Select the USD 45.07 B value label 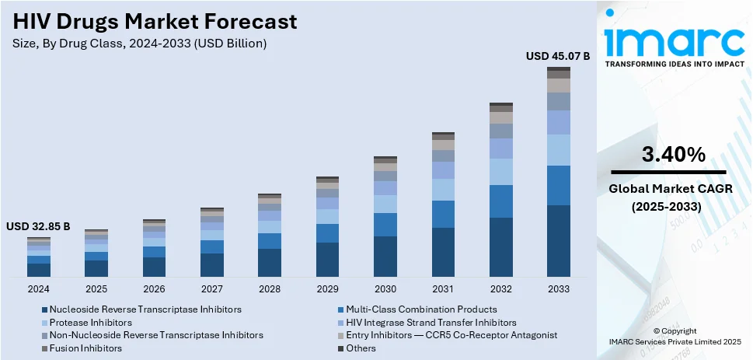(558, 56)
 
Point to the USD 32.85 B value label (38, 226)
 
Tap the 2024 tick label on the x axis (38, 289)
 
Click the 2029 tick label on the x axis (327, 289)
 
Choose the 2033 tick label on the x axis (559, 289)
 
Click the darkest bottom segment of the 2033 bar (559, 241)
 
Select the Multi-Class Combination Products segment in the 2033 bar (559, 185)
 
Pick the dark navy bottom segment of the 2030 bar (385, 257)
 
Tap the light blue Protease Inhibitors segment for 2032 (500, 172)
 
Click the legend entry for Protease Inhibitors (91, 322)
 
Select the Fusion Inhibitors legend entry (85, 348)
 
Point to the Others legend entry (361, 348)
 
